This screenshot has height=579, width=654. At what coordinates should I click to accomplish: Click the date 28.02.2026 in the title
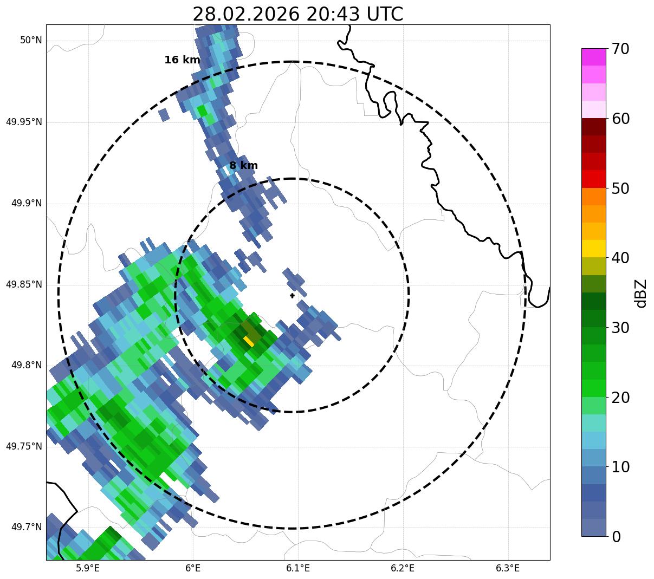245,15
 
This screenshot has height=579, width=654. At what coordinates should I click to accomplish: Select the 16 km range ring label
182,60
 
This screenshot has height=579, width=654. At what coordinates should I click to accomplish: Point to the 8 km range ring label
243,166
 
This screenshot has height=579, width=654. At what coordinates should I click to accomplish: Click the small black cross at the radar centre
293,296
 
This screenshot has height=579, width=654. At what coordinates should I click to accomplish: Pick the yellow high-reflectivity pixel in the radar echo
249,341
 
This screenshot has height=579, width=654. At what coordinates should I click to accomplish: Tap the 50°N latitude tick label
31,41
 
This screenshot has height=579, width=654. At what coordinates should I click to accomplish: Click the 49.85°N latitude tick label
24,284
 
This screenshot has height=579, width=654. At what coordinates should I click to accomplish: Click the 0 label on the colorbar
617,537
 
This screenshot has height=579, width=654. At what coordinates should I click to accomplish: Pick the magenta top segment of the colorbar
593,57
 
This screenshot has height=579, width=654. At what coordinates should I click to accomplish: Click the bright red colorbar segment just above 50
593,179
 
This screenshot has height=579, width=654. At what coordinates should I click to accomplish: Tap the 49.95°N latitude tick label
24,122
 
